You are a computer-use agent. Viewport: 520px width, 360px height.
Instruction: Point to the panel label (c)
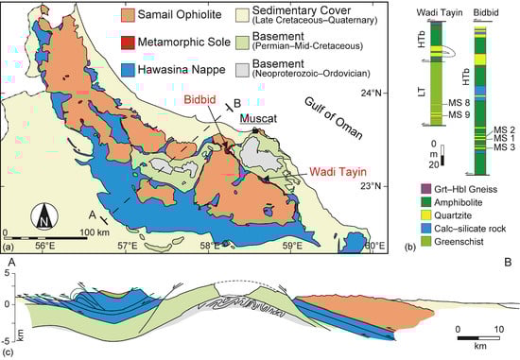tap(9, 353)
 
